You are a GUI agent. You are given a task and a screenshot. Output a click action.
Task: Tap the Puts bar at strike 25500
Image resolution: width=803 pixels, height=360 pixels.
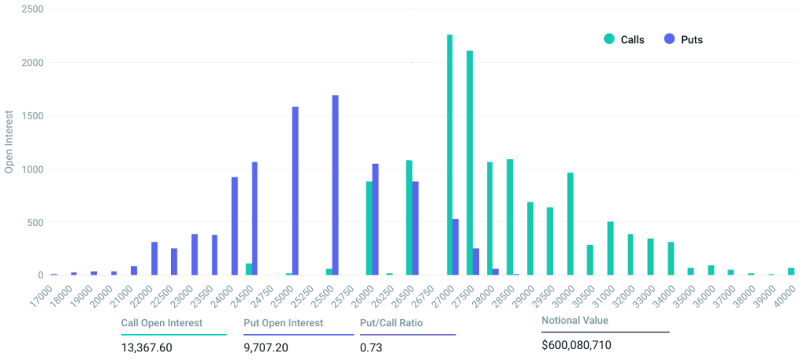pos(336,185)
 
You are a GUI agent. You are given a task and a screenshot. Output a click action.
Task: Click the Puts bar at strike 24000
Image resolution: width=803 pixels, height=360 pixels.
pos(234,226)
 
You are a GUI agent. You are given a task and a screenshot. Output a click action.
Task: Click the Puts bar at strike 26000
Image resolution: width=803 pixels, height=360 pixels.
pos(376,219)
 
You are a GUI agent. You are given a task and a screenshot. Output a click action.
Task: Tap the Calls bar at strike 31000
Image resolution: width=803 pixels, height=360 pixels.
pos(610,248)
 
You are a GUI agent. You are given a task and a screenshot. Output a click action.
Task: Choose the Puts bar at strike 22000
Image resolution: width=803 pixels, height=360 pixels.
pos(154,258)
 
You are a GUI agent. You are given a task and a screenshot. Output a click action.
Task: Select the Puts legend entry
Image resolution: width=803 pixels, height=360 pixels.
pos(684,39)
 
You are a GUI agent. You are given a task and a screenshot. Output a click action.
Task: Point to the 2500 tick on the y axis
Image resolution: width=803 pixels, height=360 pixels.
pos(32,9)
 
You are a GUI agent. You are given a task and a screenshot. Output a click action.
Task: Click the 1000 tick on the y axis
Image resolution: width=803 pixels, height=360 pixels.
pos(32,169)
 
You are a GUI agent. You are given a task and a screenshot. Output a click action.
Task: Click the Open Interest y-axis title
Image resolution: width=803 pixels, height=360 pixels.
pos(9,142)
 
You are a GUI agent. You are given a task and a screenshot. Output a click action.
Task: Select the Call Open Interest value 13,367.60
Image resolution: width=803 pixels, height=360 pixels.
pos(147,346)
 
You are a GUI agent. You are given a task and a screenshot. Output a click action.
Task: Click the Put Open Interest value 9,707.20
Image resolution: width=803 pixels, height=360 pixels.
pos(267,346)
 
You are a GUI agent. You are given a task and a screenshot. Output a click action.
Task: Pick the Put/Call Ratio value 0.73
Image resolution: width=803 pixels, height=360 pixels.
pos(370,346)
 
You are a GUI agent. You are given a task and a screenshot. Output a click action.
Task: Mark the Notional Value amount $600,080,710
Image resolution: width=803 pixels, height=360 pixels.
pos(576,345)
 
